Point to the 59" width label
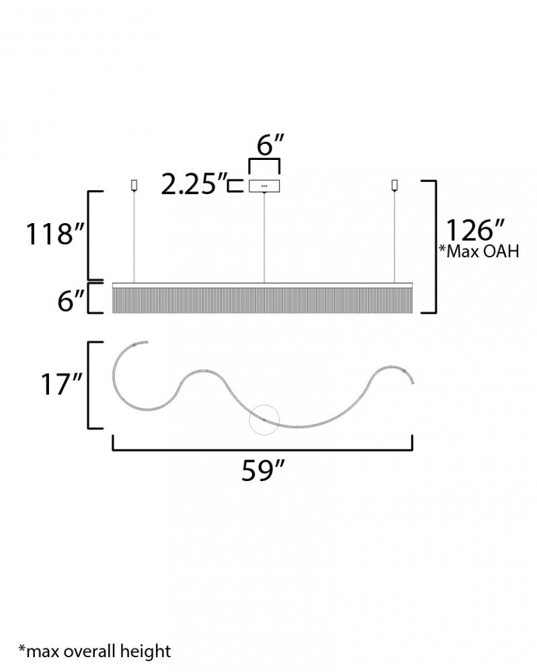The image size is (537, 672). pyautogui.click(x=263, y=470)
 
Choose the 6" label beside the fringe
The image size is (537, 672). pyautogui.click(x=71, y=300)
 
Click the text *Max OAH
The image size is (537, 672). pyautogui.click(x=479, y=251)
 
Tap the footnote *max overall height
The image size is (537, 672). pyautogui.click(x=95, y=651)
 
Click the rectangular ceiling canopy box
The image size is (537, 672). pyautogui.click(x=264, y=186)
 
